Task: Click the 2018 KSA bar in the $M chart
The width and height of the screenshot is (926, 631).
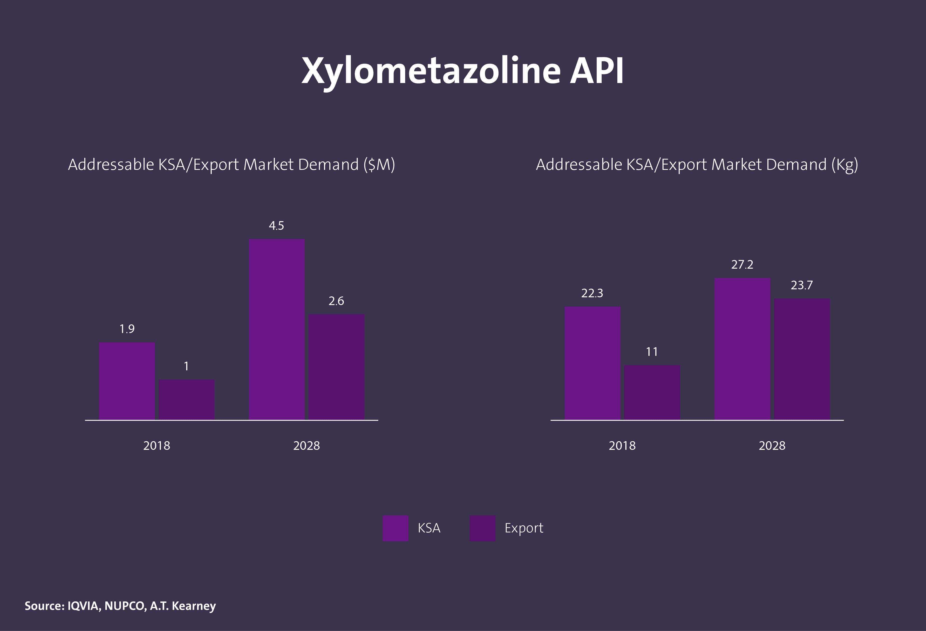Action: coord(127,381)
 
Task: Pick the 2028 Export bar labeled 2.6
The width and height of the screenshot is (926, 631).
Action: coord(336,367)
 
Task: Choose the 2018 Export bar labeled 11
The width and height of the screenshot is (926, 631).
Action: coord(652,392)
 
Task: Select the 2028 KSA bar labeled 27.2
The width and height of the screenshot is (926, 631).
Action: coord(742,348)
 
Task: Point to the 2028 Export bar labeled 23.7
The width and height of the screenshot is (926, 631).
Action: coord(802,359)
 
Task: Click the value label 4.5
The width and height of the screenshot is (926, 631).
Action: coord(277,226)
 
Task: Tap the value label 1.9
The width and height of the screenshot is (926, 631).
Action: coord(127,329)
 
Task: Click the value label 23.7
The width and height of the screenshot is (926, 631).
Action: coord(802,285)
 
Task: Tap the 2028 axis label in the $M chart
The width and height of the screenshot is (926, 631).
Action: coord(306,445)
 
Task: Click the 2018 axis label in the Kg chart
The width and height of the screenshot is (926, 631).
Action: coord(622,445)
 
